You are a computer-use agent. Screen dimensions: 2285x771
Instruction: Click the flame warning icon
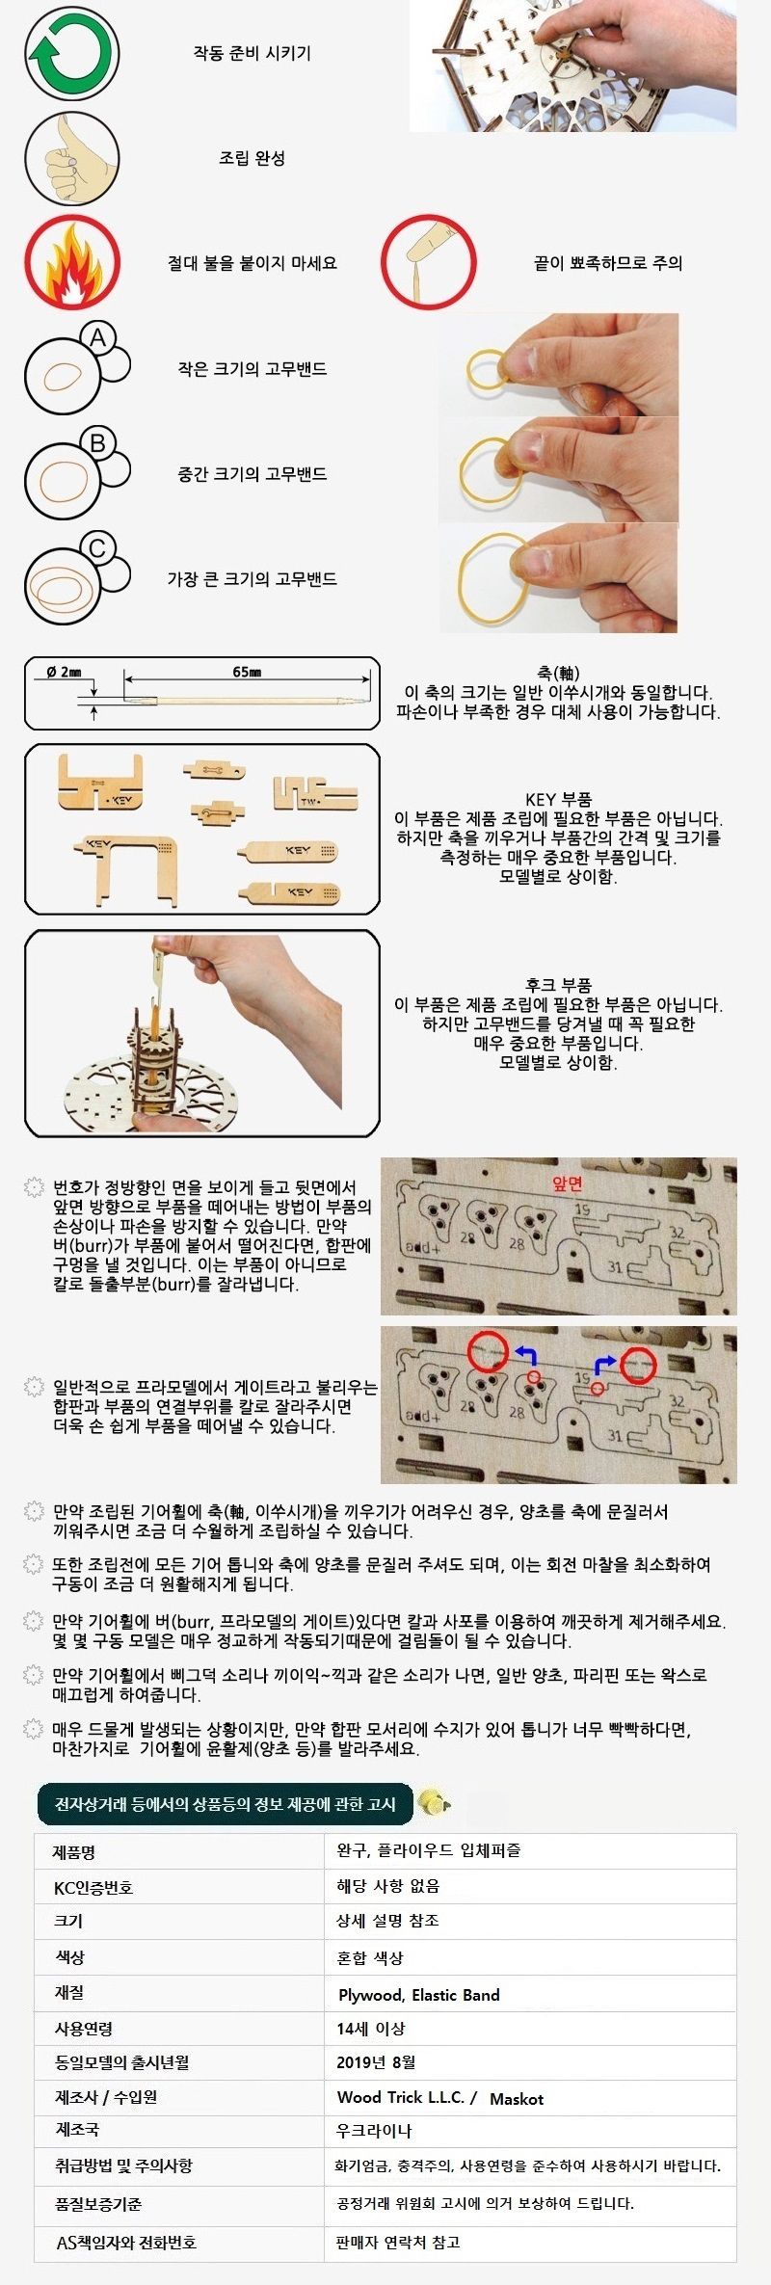(73, 263)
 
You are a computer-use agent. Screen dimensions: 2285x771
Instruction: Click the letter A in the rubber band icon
(97, 338)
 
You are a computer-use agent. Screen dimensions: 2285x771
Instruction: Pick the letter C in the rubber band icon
(97, 548)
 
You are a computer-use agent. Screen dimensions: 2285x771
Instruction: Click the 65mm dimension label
(247, 672)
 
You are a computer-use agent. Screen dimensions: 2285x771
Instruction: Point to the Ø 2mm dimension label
(64, 672)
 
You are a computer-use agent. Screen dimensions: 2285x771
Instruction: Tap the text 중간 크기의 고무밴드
(252, 474)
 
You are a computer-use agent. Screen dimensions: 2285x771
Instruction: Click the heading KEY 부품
(558, 799)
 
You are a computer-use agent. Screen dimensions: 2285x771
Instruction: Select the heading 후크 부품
(558, 985)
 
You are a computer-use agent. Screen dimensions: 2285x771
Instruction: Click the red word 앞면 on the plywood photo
(568, 1183)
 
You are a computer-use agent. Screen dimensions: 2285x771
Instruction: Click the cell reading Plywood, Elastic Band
(418, 1995)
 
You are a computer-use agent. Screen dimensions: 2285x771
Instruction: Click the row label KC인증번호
(93, 1887)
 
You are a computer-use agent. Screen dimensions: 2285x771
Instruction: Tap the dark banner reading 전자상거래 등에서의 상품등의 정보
(225, 1803)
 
